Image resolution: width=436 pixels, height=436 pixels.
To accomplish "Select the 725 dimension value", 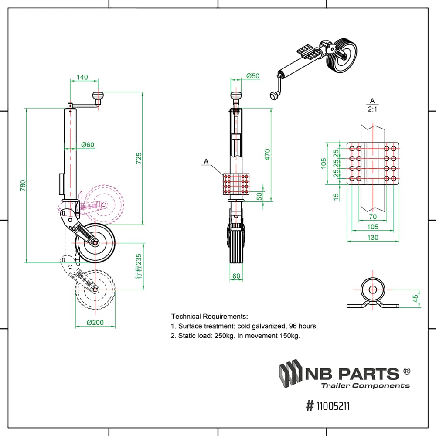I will (x=139, y=158).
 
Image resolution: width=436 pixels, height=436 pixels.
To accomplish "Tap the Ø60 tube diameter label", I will (x=87, y=145).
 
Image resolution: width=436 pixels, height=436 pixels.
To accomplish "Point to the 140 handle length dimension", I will (x=82, y=77).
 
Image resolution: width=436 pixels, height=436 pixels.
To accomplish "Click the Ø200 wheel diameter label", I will (x=95, y=323).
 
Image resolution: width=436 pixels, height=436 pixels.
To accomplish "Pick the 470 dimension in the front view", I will (x=267, y=155).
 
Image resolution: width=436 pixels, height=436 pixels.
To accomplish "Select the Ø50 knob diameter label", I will (x=252, y=76).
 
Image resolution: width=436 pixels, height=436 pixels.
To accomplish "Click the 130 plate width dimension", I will (x=373, y=238).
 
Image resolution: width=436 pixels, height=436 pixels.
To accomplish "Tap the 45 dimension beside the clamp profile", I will (x=416, y=298).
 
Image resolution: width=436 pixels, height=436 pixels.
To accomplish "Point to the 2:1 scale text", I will (x=372, y=110).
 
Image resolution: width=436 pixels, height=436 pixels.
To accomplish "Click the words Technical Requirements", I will (x=209, y=316).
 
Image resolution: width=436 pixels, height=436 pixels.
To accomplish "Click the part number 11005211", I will (x=332, y=406).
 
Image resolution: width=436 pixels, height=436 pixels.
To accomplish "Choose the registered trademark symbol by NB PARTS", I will (x=406, y=371).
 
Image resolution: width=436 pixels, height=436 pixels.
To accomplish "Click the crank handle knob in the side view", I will (x=97, y=96).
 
